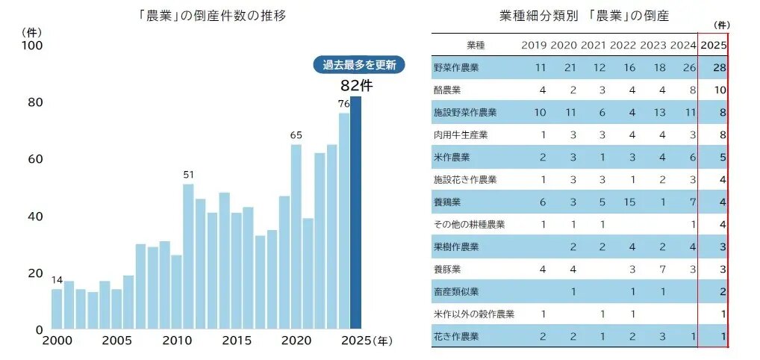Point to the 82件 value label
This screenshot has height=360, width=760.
tap(356, 85)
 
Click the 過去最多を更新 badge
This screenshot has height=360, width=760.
tap(358, 65)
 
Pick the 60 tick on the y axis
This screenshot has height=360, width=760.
tap(34, 159)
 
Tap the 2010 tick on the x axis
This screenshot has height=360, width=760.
tap(175, 341)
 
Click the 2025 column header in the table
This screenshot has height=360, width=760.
tap(714, 45)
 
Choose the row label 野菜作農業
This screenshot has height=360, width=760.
tap(455, 68)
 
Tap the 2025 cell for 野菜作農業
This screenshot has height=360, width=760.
tap(719, 68)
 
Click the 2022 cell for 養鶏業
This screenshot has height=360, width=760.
tap(629, 202)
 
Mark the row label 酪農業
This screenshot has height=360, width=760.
tap(448, 90)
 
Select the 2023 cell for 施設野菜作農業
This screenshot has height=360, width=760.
tap(658, 113)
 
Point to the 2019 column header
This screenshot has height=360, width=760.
tap(535, 45)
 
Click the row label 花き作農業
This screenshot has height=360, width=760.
tap(455, 337)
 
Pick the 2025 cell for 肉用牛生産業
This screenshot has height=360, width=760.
tap(722, 135)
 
